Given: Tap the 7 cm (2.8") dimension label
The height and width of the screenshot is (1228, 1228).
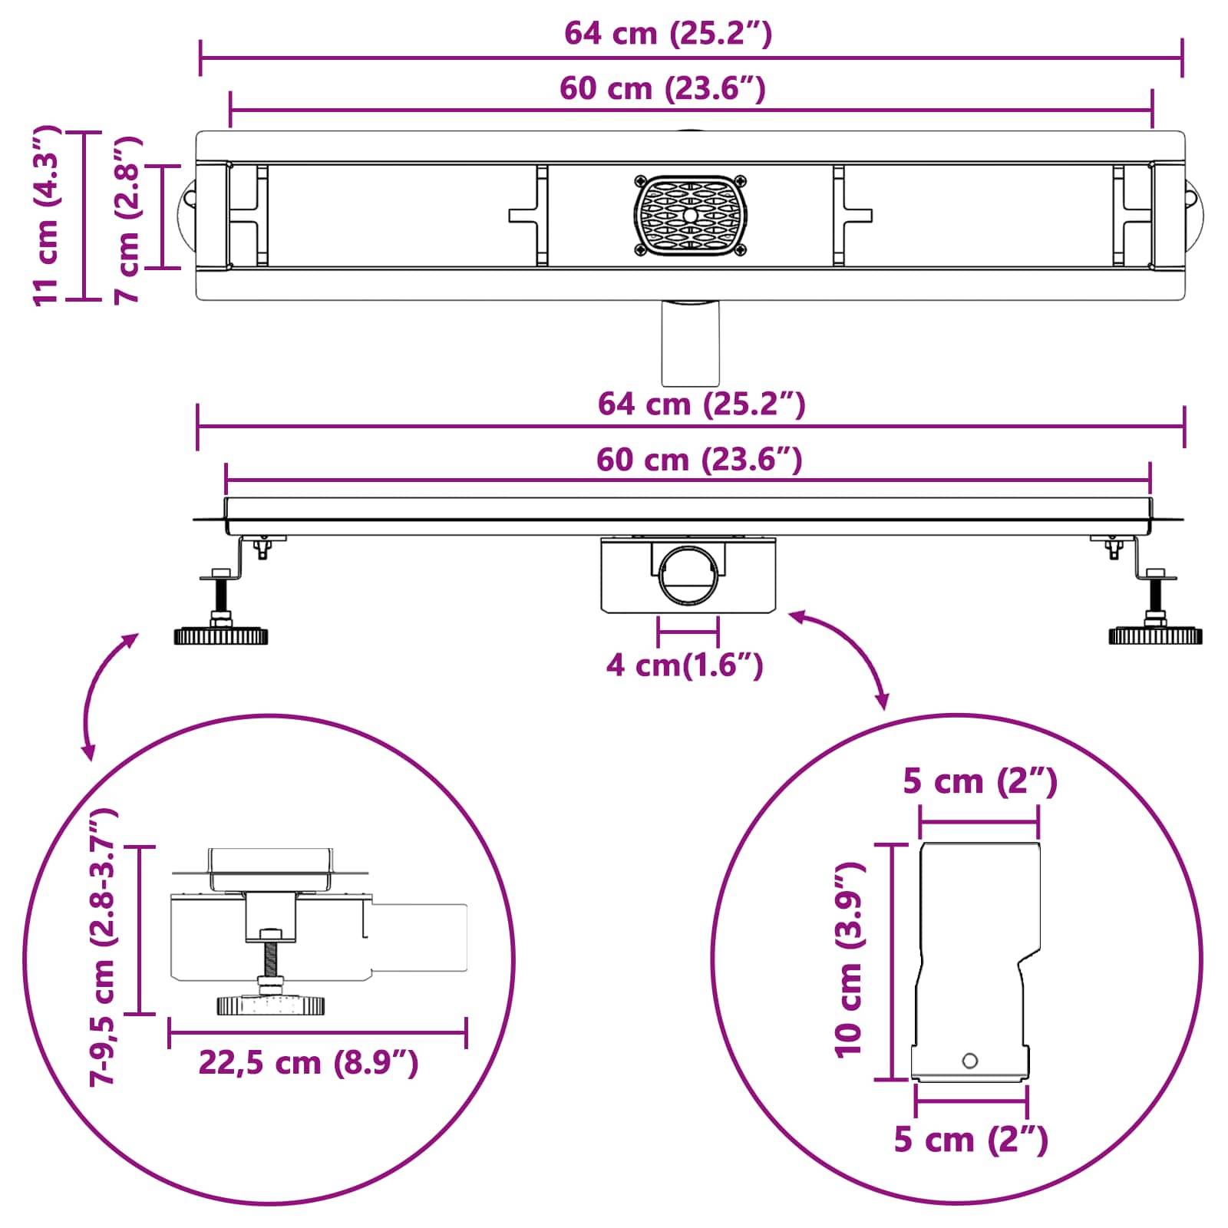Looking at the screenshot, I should click(127, 220).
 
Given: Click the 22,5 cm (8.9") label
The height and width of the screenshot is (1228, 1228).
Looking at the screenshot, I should click(309, 1063).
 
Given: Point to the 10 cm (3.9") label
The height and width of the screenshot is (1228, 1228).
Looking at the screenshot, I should click(850, 959).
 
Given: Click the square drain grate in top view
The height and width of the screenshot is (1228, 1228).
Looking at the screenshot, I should click(691, 216).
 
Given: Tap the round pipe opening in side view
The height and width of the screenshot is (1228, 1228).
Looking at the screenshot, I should click(688, 575).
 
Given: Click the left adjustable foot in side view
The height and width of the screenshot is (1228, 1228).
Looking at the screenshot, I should click(221, 635).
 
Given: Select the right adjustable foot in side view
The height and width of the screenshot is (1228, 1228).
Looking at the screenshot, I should click(1154, 635).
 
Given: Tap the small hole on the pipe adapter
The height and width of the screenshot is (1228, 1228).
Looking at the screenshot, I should click(970, 1061).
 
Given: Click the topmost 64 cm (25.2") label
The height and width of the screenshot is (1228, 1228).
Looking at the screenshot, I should click(668, 34).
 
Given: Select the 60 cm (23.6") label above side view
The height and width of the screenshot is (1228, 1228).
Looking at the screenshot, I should click(699, 460).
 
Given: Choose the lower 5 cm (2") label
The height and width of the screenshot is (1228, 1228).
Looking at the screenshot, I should click(971, 1140).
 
